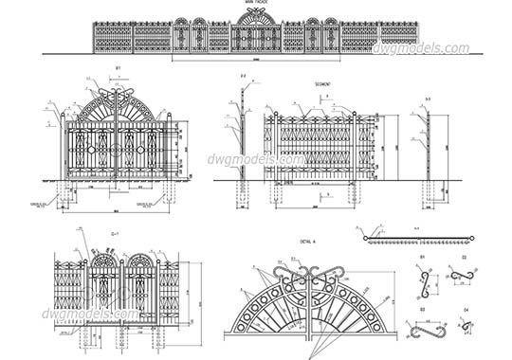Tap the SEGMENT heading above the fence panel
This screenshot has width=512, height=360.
(x=321, y=84)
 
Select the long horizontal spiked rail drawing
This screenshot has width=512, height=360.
(x=417, y=238)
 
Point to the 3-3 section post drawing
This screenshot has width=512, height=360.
(x=429, y=147)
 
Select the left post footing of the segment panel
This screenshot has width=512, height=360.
(x=278, y=194)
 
